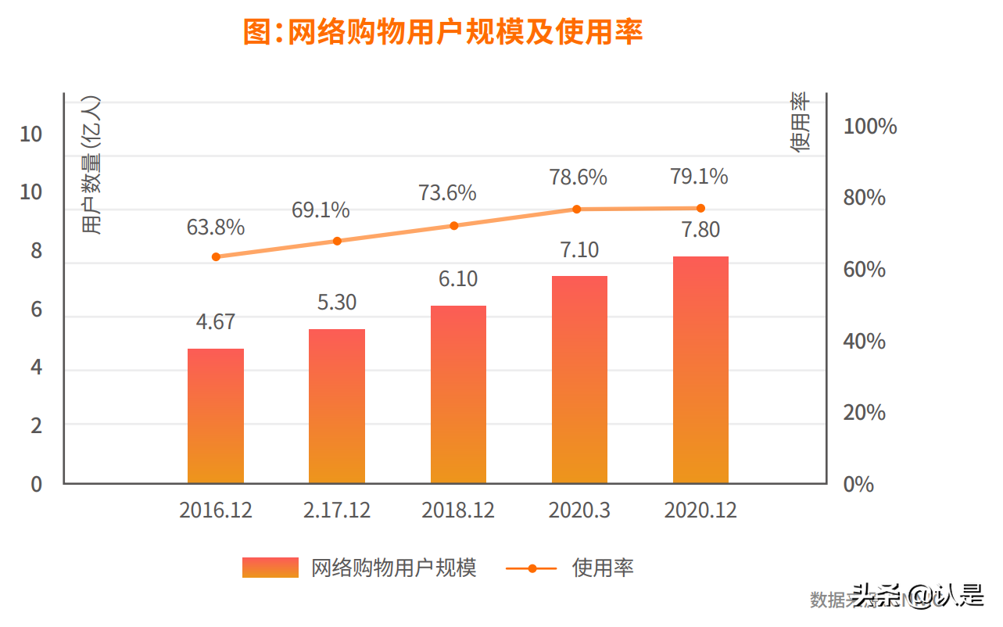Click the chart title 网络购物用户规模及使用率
(442, 33)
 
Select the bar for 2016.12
(216, 416)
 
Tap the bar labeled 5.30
(337, 407)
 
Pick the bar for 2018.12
(458, 395)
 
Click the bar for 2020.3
(579, 380)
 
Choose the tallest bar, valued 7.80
(700, 370)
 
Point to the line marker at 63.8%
(216, 256)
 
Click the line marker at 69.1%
(337, 241)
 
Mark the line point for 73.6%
(454, 226)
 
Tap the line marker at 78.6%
(577, 209)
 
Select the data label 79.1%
(699, 177)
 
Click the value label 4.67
(216, 321)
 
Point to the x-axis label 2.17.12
(337, 511)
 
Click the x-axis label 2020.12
(700, 511)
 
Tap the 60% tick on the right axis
(865, 270)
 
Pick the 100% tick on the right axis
(869, 127)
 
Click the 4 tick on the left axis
(36, 367)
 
